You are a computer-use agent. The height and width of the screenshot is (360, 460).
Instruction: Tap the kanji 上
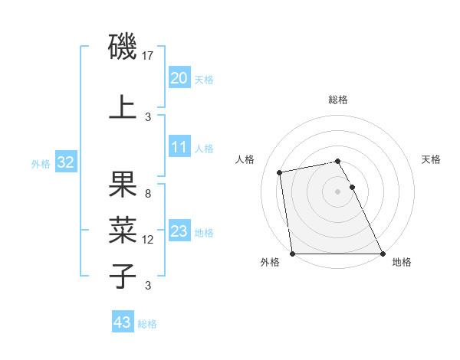point(123,108)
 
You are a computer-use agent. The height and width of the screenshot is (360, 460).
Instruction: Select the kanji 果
point(123,186)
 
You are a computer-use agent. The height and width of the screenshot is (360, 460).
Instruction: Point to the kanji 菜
point(123,231)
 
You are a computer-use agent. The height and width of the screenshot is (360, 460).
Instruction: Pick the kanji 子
point(123,277)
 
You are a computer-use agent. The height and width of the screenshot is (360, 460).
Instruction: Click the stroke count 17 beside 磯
point(149,56)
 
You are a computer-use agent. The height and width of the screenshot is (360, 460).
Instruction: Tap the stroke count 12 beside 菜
point(149,240)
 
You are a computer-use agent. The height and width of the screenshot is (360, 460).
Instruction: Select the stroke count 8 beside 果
point(147,194)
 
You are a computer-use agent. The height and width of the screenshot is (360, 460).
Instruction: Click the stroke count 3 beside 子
point(147,286)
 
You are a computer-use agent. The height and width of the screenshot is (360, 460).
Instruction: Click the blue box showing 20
point(179,78)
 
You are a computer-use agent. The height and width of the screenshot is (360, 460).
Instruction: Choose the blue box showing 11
point(179,148)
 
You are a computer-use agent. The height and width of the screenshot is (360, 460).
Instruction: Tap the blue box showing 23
point(179,232)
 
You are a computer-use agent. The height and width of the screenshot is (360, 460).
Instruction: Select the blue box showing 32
point(65,163)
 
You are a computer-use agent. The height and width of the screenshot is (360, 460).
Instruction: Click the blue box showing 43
point(122,323)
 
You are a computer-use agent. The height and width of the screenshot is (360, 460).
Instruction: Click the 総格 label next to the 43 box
point(147,324)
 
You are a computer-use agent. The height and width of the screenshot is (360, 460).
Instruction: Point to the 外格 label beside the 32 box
point(41,164)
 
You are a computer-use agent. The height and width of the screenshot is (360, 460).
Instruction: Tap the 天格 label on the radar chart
point(431,159)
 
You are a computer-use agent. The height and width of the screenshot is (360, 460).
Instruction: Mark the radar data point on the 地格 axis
point(383,254)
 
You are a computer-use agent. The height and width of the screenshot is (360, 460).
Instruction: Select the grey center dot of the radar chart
point(337,191)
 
